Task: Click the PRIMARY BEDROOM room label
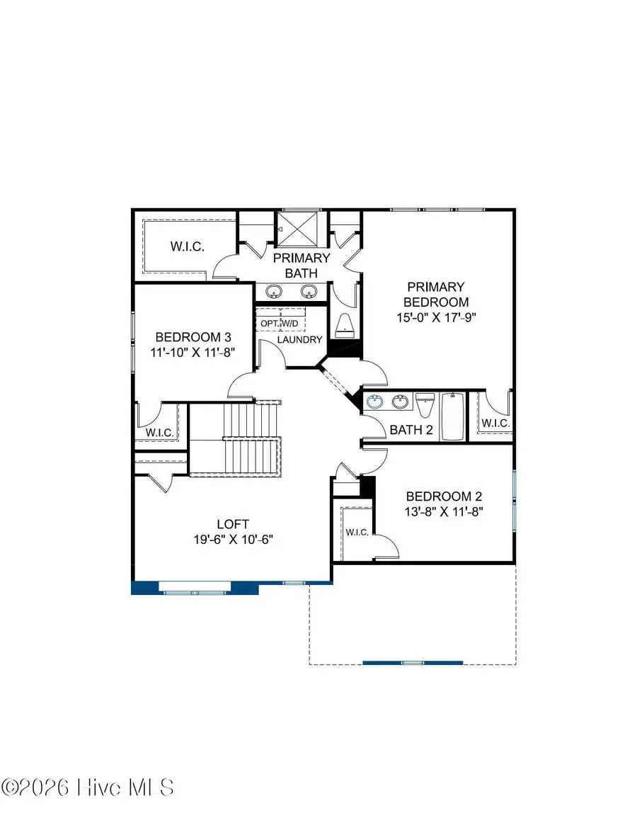(436, 295)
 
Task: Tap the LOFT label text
(233, 524)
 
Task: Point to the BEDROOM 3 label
(193, 337)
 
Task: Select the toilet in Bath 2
(425, 406)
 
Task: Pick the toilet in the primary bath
(345, 324)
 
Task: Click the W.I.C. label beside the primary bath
(187, 247)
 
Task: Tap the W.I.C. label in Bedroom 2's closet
(357, 532)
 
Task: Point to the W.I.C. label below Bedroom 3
(160, 432)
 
